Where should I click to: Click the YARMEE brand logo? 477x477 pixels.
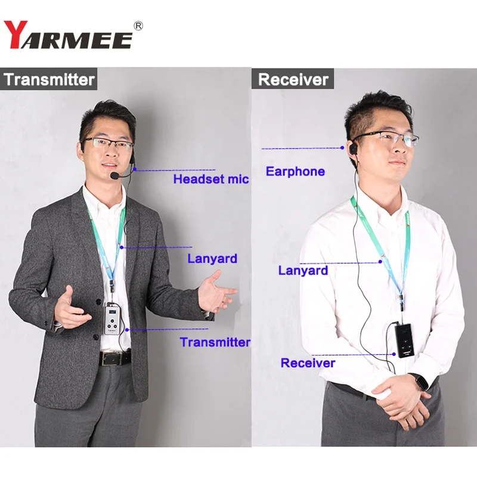(x=69, y=34)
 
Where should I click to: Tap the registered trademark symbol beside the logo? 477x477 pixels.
(x=139, y=26)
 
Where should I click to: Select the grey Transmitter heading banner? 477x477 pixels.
(x=49, y=79)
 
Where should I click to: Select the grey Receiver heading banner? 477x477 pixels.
(x=293, y=79)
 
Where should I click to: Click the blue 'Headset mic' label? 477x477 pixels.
(x=210, y=178)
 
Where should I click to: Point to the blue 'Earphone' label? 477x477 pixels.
(x=295, y=172)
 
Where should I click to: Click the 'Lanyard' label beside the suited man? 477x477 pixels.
(x=212, y=258)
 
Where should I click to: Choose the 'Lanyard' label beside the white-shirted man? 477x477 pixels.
(x=303, y=270)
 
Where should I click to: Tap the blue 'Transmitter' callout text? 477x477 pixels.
(x=215, y=342)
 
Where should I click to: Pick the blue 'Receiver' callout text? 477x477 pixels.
(x=308, y=363)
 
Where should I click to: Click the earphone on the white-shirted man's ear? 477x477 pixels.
(x=351, y=147)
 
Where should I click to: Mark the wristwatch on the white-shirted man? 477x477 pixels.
(x=422, y=380)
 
